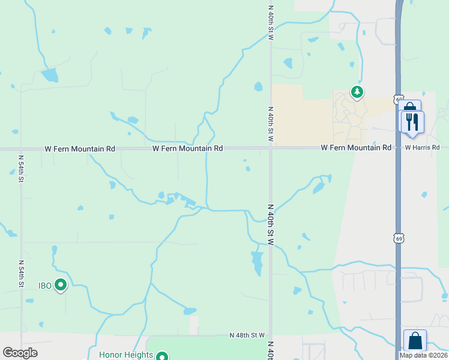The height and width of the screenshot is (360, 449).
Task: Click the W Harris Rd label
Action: pyautogui.click(x=422, y=148)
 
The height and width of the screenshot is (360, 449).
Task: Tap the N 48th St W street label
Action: pyautogui.click(x=247, y=335)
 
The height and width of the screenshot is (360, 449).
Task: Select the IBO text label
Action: pyautogui.click(x=46, y=286)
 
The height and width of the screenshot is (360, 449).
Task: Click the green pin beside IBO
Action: pyautogui.click(x=61, y=286)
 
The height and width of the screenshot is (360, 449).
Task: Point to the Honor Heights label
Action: pyautogui.click(x=126, y=355)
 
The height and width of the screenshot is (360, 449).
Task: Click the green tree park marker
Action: pyautogui.click(x=357, y=92)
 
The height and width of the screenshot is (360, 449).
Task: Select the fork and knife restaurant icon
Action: pyautogui.click(x=412, y=122)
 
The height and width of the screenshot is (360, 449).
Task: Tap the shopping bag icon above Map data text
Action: pyautogui.click(x=415, y=341)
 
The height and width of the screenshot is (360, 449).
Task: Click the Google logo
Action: pyautogui.click(x=20, y=353)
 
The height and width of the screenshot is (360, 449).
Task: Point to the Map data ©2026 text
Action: pyautogui.click(x=423, y=355)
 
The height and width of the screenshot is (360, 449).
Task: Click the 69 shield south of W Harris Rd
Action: pyautogui.click(x=399, y=238)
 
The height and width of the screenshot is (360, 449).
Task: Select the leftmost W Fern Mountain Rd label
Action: pyautogui.click(x=79, y=148)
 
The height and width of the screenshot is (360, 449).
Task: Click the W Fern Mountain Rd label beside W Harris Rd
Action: pyautogui.click(x=356, y=148)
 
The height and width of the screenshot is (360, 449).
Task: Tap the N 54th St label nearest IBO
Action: pyautogui.click(x=21, y=274)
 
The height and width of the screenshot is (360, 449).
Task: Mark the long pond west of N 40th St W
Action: pyautogui.click(x=258, y=262)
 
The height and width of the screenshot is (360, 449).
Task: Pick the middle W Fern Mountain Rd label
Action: pyautogui.click(x=188, y=148)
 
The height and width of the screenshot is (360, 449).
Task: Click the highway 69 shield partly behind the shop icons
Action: pyautogui.click(x=399, y=99)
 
